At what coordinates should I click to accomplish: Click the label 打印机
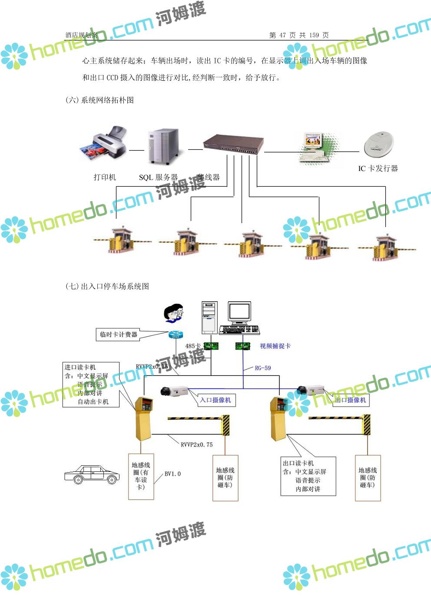[105, 177]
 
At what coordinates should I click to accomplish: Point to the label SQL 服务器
[158, 177]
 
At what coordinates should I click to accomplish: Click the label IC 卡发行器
[378, 168]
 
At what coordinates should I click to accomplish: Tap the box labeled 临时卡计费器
[118, 334]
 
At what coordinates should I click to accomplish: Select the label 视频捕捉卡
[275, 346]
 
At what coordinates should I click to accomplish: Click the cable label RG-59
[262, 368]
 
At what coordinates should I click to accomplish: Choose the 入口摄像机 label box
[216, 400]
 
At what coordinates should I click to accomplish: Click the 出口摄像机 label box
[351, 400]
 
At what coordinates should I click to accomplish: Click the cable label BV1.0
[172, 474]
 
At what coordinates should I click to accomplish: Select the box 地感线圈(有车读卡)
[141, 476]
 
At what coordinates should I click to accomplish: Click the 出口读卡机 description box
[308, 476]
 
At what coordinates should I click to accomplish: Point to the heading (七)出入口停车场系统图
[107, 286]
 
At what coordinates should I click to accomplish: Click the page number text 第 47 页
[282, 35]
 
